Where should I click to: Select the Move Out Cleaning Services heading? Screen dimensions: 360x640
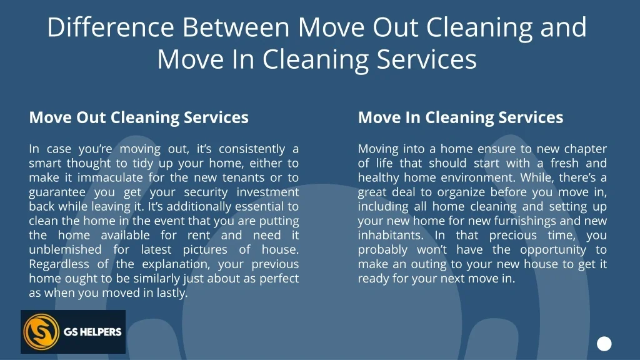(x=139, y=117)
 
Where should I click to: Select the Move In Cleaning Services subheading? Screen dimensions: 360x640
(x=461, y=117)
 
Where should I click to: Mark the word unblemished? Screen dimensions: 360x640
(x=64, y=249)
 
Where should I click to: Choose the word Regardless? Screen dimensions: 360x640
(x=59, y=264)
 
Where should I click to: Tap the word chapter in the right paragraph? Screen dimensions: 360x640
(x=586, y=149)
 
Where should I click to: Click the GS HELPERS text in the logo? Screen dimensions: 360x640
(x=92, y=332)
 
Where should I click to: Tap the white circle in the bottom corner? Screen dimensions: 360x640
(x=604, y=343)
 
